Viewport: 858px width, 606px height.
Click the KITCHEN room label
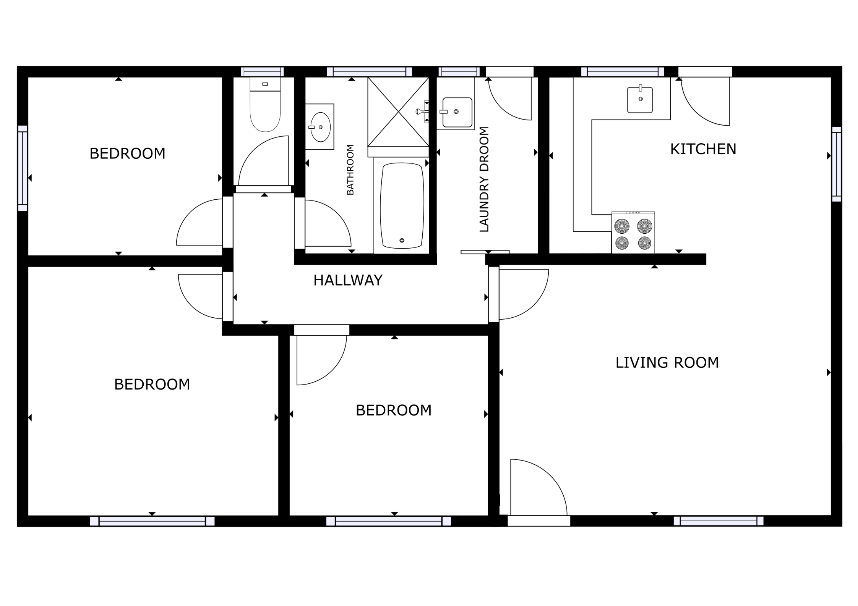[703, 149]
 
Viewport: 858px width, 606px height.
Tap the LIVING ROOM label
[667, 362]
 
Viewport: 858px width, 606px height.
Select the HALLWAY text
[348, 280]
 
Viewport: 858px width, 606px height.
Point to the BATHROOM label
[350, 170]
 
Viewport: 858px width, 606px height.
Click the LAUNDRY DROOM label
[484, 179]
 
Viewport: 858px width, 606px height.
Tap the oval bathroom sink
[320, 127]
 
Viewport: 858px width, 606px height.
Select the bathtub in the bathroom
[402, 205]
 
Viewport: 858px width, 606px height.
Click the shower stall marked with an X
[398, 112]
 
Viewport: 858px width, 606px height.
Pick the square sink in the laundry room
[457, 112]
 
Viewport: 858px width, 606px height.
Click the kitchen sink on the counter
[640, 99]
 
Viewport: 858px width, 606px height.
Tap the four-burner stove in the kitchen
[633, 232]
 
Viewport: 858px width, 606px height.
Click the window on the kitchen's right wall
[836, 164]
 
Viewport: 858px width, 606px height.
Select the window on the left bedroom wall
[23, 168]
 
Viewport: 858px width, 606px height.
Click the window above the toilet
[262, 72]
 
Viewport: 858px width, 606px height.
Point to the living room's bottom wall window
[719, 521]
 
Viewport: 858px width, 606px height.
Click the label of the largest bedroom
[152, 385]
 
